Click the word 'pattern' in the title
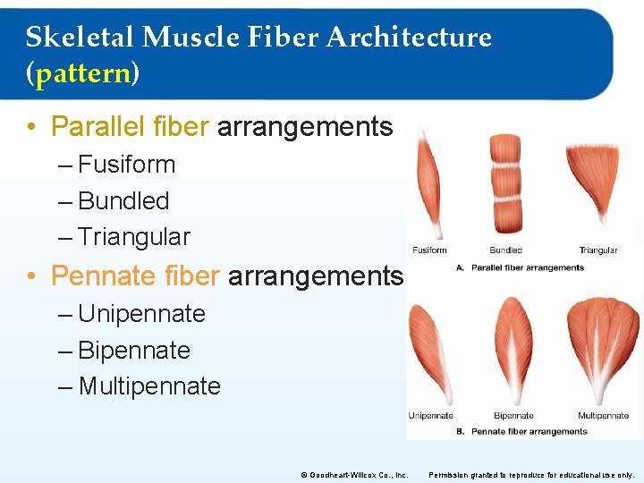[82, 73]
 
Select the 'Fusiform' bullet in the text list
[126, 165]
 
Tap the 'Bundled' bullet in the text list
[123, 201]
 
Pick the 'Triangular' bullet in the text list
[134, 237]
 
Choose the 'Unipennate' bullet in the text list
[141, 314]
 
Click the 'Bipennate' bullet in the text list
[134, 351]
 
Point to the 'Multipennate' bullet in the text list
[149, 386]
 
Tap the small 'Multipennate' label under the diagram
[603, 416]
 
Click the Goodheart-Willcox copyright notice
[353, 475]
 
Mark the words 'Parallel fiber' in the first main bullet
[130, 127]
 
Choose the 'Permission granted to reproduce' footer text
[532, 475]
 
